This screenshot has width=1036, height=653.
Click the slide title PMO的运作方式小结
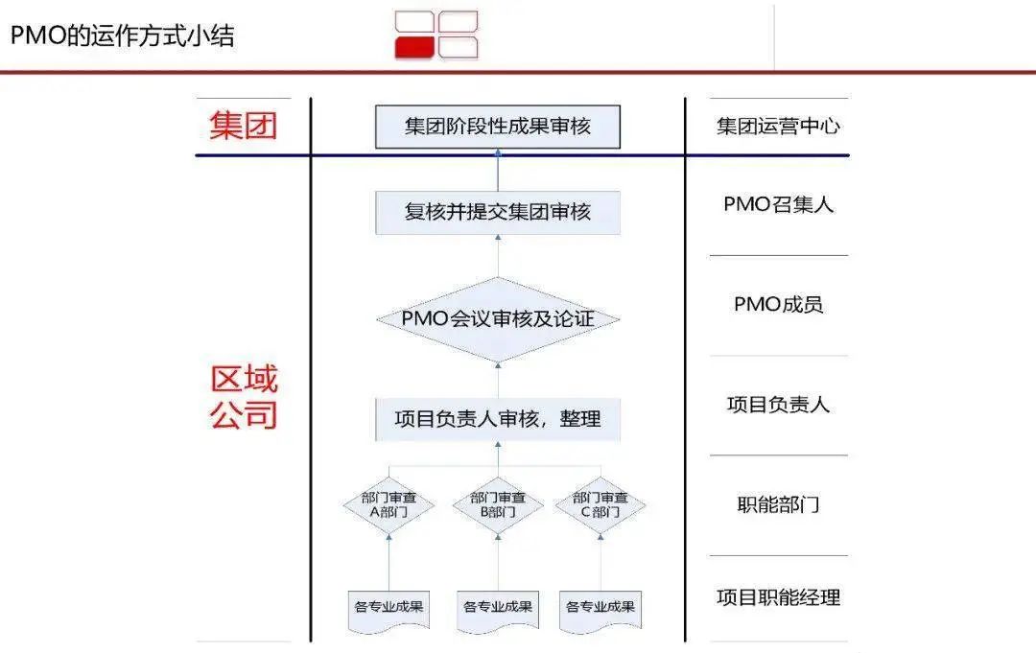pos(123,36)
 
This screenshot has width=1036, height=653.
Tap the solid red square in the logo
pos(414,47)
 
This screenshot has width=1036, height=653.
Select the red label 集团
pos(244,126)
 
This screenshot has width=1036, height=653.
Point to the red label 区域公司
pos(244,397)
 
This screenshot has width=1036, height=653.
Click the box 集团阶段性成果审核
pos(497,127)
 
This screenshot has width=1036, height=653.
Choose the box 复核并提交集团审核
pos(497,212)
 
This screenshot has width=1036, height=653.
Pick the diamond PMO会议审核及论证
pos(497,319)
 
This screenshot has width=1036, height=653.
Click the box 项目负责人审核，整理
pos(497,419)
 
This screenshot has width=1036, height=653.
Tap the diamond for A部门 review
pos(388,504)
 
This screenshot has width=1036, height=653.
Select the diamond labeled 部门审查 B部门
pos(497,504)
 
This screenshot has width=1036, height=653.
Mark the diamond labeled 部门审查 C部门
pos(600,504)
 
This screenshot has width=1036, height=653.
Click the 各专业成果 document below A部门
pos(388,607)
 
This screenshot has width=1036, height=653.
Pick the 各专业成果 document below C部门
pos(600,607)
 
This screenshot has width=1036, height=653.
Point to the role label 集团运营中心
pos(778,127)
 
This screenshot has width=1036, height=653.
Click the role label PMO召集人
pos(778,204)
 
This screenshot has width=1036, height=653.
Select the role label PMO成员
pos(778,305)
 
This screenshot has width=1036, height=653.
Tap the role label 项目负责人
pos(778,405)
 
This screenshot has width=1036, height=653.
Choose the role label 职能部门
pos(778,504)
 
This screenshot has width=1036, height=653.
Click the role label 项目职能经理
pos(778,597)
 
